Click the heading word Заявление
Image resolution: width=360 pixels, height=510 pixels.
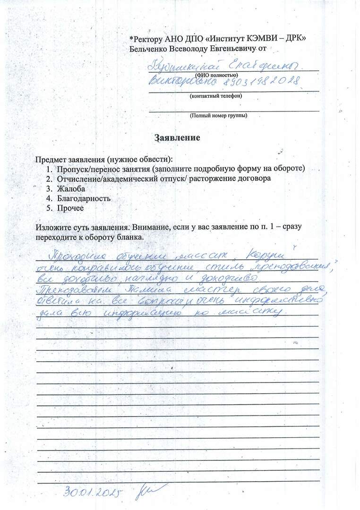177,138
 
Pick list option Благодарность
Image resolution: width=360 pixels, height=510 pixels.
84,199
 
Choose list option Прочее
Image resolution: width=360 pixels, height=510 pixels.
70,208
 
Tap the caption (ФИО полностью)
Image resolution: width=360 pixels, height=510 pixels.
216,75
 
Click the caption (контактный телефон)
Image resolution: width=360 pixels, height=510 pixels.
216,96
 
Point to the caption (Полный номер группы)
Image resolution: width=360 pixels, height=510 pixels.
218,115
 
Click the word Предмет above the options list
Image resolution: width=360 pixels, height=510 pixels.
51,159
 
